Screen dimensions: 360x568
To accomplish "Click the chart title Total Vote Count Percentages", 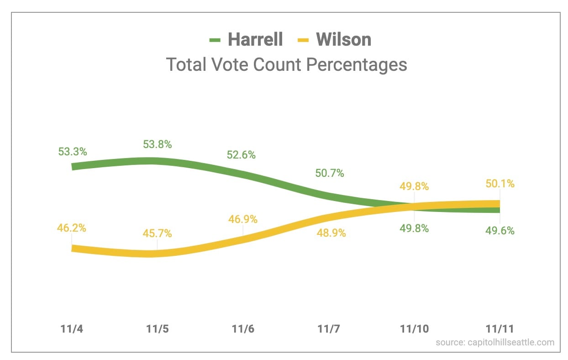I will [x=286, y=64].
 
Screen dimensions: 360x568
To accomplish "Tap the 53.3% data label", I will [x=73, y=152].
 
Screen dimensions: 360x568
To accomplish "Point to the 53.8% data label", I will [x=158, y=144].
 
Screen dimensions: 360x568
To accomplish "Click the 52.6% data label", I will [x=241, y=155].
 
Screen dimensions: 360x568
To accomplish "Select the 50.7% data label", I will [x=330, y=173].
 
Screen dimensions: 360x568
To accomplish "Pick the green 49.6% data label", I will [x=500, y=231].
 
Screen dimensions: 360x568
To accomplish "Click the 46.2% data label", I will [x=72, y=227].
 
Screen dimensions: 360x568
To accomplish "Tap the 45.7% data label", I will [x=158, y=233].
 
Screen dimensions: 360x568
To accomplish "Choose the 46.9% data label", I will [x=243, y=219].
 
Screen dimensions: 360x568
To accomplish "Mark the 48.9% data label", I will [x=331, y=233].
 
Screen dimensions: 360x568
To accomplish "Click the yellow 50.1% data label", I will [x=500, y=184].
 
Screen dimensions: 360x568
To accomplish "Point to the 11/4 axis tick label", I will [x=72, y=329].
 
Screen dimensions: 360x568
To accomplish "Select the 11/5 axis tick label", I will [x=158, y=329].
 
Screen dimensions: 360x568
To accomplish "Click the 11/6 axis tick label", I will [x=243, y=329].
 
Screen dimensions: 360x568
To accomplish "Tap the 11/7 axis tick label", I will [x=329, y=329].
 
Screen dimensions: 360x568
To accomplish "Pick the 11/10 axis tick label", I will [x=414, y=329].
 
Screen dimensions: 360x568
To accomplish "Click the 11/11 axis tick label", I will [x=500, y=329].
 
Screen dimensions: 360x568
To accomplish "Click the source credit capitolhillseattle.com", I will [x=495, y=342].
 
